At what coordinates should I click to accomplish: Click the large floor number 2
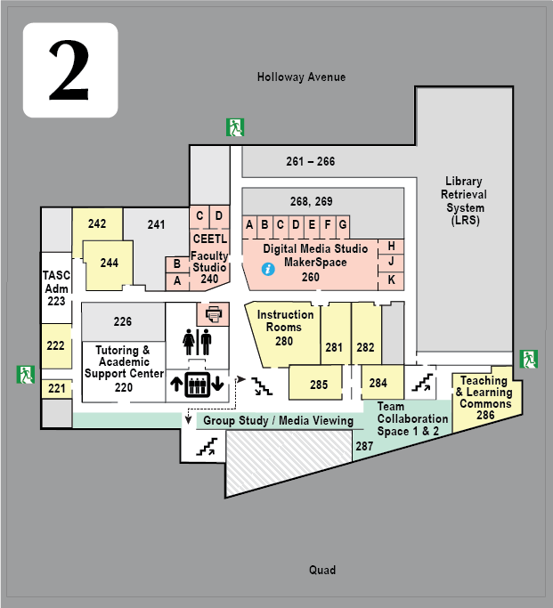[x=69, y=70]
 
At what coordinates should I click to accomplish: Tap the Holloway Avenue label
[x=301, y=77]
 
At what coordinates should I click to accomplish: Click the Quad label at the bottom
[x=322, y=570]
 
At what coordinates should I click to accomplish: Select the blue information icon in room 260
[x=267, y=269]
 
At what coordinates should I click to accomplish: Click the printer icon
[x=214, y=313]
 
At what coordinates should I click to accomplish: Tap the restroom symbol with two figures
[x=197, y=342]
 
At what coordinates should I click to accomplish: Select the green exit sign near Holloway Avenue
[x=235, y=127]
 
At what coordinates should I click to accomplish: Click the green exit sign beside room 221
[x=24, y=374]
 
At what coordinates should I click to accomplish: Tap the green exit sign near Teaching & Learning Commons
[x=530, y=359]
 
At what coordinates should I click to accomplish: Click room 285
[x=319, y=385]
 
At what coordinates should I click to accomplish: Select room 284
[x=378, y=383]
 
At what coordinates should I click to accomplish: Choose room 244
[x=109, y=263]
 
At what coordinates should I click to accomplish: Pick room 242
[x=97, y=224]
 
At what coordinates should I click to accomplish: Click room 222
[x=55, y=345]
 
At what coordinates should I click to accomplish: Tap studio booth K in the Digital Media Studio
[x=391, y=280]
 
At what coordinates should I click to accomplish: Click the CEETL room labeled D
[x=218, y=215]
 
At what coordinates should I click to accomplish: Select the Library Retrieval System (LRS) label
[x=464, y=200]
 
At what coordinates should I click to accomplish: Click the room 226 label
[x=123, y=321]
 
